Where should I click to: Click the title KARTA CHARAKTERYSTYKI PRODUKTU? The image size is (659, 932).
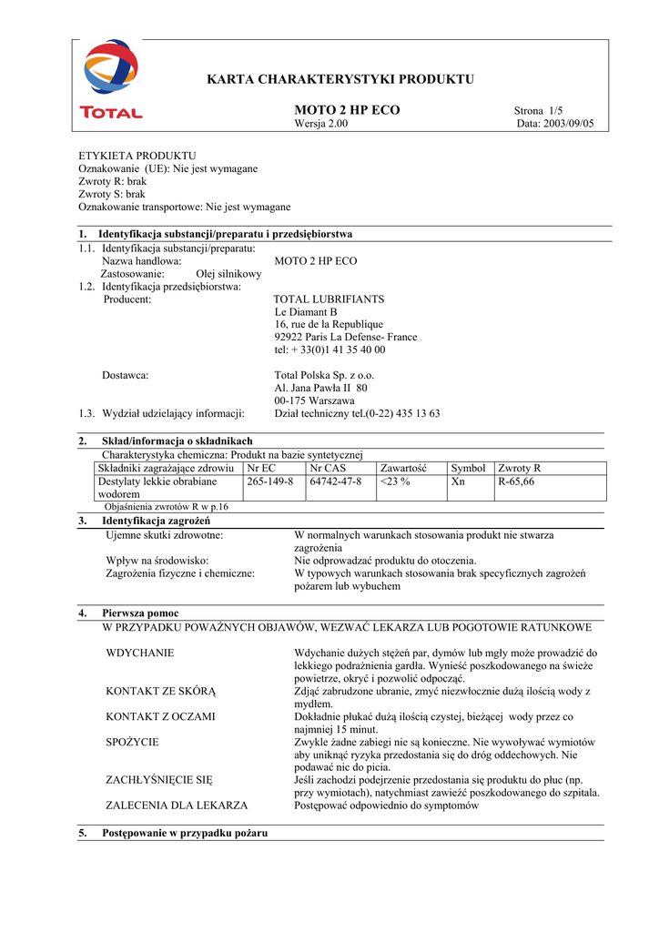tap(341, 79)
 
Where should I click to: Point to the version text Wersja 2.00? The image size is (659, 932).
tap(321, 124)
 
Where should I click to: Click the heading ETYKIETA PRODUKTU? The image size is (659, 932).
tap(137, 156)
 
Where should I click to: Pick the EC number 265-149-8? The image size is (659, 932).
tap(269, 481)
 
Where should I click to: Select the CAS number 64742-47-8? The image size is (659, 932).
tap(336, 481)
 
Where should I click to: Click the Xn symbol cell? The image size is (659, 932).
tap(458, 481)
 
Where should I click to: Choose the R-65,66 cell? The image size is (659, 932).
tap(516, 481)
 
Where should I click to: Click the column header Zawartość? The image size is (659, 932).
tap(403, 468)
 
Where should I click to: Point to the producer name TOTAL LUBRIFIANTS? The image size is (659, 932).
tap(329, 299)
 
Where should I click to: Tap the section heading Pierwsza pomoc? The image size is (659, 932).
tap(140, 613)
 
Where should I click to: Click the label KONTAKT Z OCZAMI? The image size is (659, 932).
tap(161, 716)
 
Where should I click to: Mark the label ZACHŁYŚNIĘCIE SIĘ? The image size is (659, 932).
tap(159, 780)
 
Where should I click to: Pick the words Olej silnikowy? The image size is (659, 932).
tap(228, 273)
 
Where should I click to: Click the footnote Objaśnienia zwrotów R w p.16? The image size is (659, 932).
tap(167, 507)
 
